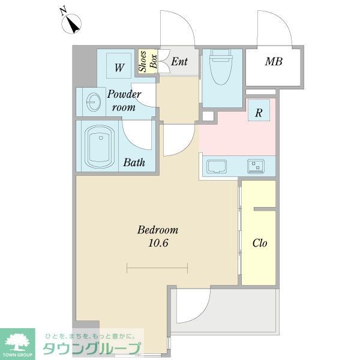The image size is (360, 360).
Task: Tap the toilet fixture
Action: (x=221, y=67)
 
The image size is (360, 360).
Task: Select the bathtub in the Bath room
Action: (x=100, y=146)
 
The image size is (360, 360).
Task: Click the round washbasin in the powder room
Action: (x=94, y=102)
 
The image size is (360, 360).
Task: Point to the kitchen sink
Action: (x=217, y=166)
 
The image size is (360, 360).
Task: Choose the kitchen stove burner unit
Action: (x=256, y=166)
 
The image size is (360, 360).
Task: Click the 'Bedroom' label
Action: (x=158, y=230)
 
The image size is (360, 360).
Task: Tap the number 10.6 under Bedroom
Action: (x=158, y=243)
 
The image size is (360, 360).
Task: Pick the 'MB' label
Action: (x=274, y=62)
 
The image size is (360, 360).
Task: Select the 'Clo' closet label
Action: (x=260, y=243)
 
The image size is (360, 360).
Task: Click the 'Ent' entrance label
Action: (x=179, y=62)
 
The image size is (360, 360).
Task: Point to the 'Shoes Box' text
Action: (x=148, y=62)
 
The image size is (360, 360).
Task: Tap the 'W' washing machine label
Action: (x=119, y=68)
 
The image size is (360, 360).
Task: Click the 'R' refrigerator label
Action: (x=259, y=113)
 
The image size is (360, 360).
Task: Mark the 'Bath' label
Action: (x=134, y=163)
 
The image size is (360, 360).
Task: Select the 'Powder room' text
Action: (x=124, y=101)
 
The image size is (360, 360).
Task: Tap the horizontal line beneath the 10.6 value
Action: (x=157, y=268)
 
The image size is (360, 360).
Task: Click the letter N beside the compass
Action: (x=63, y=11)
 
